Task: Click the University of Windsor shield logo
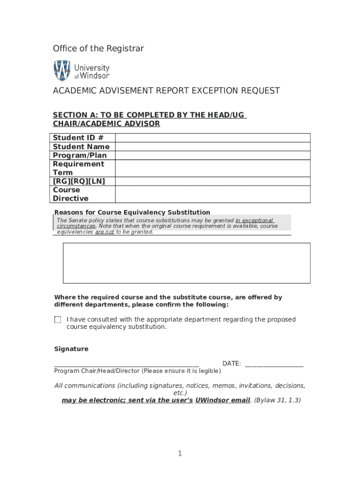point(62,70)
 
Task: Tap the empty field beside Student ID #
point(212,138)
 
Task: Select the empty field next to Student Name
point(212,146)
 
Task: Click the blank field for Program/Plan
point(212,155)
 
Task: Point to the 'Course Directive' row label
point(71,194)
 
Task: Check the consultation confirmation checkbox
point(58,320)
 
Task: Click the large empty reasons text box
point(186,263)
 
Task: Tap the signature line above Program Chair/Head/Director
point(126,365)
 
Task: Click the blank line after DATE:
point(274,364)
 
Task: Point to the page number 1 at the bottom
point(180,454)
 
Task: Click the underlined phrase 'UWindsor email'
point(223,400)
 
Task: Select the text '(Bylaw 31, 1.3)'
point(277,400)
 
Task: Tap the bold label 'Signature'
point(71,349)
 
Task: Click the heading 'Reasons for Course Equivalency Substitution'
point(132,212)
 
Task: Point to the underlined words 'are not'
point(104,232)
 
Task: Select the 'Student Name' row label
point(81,146)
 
